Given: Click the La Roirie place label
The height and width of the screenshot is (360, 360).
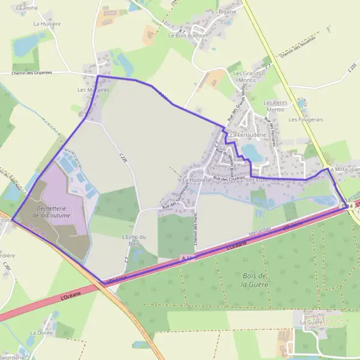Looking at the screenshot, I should (26, 8).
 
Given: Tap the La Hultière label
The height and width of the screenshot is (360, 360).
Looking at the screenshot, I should (47, 24).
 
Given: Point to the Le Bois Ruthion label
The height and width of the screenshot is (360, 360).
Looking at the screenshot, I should (188, 35).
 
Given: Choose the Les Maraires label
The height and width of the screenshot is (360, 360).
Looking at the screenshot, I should (94, 90).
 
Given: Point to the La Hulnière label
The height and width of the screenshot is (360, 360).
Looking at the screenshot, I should (196, 179).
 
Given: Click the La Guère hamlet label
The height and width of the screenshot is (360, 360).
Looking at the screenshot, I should (311, 322).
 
